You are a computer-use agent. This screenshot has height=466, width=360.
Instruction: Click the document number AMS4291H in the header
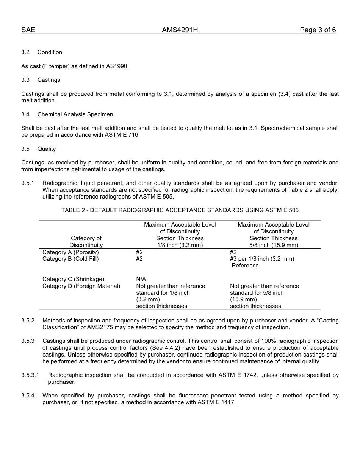[x=180, y=30]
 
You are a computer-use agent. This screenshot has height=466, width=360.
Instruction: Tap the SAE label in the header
[x=28, y=30]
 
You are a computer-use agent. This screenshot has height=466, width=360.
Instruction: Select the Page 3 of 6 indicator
[x=318, y=30]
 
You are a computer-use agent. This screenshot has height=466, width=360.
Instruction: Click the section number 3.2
[x=25, y=52]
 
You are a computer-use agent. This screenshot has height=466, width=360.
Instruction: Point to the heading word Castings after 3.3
[x=49, y=80]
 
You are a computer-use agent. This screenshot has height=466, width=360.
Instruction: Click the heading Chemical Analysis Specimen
[x=75, y=114]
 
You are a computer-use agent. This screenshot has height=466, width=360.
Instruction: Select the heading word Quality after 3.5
[x=46, y=149]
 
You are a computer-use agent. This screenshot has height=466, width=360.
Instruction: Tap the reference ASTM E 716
[x=122, y=135]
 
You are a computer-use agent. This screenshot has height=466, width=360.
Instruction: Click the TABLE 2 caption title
[x=180, y=210]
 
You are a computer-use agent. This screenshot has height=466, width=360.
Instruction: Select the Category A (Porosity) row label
[x=70, y=252]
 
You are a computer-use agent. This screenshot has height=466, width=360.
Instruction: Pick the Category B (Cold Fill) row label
[x=70, y=259]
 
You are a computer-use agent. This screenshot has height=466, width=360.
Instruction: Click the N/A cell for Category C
[x=141, y=279]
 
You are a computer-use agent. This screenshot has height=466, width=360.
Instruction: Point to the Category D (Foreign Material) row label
[x=81, y=286]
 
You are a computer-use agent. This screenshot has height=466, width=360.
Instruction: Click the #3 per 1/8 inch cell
[x=262, y=259]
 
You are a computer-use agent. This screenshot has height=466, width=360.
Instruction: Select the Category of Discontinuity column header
[x=86, y=242]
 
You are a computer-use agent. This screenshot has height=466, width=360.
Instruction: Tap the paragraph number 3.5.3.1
[x=30, y=375]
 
